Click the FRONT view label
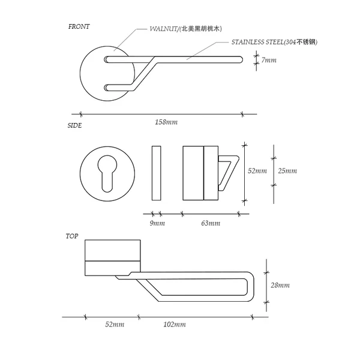coord(79,27)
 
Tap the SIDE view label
coord(74,126)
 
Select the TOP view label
coord(72,236)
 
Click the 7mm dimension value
coord(269,60)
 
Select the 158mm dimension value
coord(166,122)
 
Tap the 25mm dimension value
coord(287,171)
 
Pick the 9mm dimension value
coord(157,223)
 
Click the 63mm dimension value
coord(211,223)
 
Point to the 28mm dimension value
coord(280,285)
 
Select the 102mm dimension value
coord(175,325)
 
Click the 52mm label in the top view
coord(114,325)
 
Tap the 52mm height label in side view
coord(257,171)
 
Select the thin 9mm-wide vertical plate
coord(157,173)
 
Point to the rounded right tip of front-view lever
coord(241,59)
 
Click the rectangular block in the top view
coord(113,256)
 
